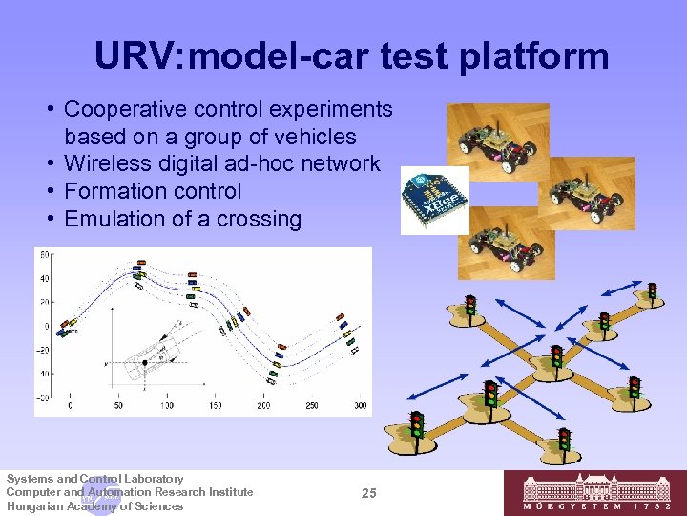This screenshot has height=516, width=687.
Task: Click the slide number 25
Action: [x=370, y=493]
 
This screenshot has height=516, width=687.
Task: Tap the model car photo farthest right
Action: [x=586, y=191]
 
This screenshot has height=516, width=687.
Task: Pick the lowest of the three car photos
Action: [x=506, y=242]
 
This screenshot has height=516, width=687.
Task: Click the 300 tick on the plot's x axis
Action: [x=361, y=406]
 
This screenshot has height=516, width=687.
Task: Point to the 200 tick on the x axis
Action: [x=263, y=406]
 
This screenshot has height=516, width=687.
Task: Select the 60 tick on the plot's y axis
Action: [x=44, y=254]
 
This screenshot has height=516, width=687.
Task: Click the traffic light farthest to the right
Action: [x=653, y=289]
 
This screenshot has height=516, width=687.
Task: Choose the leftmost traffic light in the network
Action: [x=416, y=421]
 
